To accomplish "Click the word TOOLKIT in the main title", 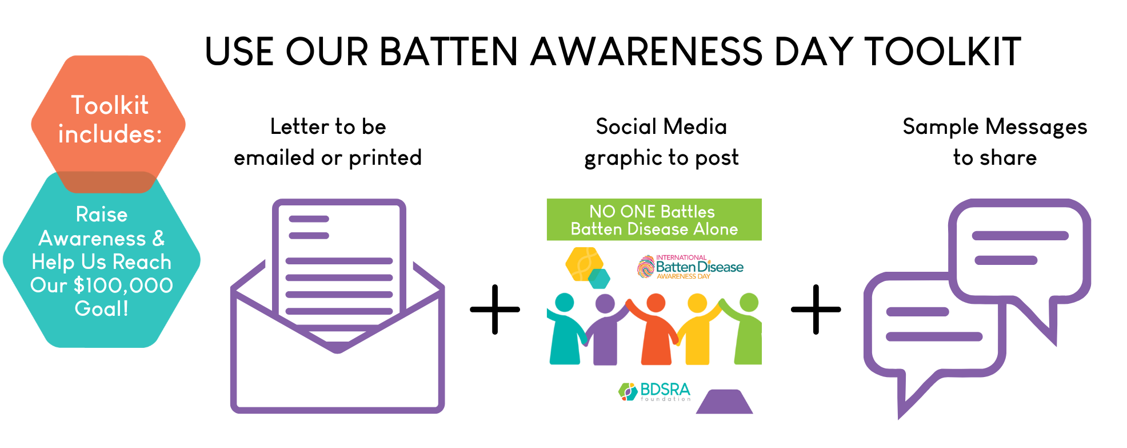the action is [942, 51].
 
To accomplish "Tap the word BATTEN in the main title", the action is [449, 51].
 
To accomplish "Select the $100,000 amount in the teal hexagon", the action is [123, 285].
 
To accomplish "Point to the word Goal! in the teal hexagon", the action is [102, 309].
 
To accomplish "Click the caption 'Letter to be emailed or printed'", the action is [328, 142].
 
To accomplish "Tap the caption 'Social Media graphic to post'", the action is [661, 142].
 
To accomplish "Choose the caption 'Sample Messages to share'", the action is [995, 142].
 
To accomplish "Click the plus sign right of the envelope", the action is [495, 310].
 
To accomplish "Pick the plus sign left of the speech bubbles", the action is [816, 310].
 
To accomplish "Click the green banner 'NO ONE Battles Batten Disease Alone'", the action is [654, 220].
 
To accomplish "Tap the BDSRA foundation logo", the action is [655, 392].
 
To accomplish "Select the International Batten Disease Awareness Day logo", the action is [690, 267].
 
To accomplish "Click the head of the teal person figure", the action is [565, 303].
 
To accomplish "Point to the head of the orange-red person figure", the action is [656, 303].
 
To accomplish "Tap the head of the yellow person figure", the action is [698, 303].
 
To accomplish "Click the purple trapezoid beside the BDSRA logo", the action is [724, 402].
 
